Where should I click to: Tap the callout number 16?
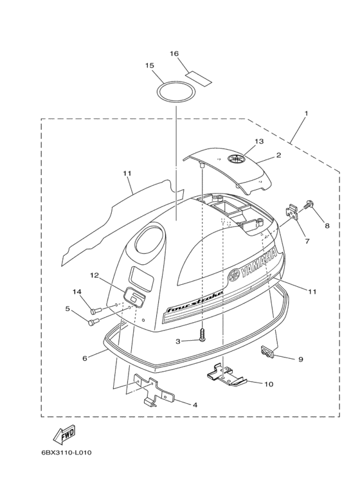pos(183,53)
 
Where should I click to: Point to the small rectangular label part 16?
pos(199,79)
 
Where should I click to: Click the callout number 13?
pos(259,141)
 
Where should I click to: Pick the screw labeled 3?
pos(203,335)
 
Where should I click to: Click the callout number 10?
pos(269,384)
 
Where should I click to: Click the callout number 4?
pos(195,405)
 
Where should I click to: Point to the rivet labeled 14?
pos(95,311)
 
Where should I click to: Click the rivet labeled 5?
pos(93,321)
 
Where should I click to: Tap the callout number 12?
pos(94,275)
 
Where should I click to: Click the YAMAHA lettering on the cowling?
pos(253,266)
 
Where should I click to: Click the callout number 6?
pos(85,358)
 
